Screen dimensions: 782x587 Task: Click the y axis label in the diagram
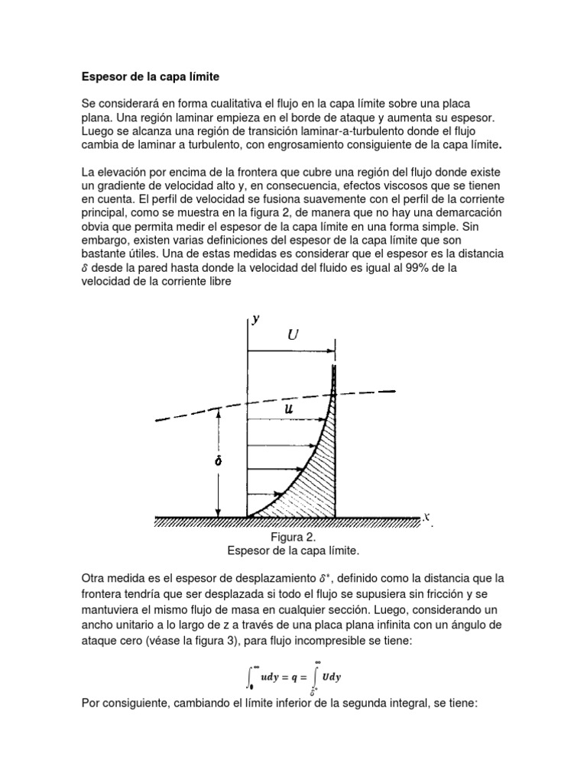pos(257,319)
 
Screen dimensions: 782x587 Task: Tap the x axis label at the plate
pos(426,517)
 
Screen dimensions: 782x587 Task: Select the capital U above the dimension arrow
pos(293,334)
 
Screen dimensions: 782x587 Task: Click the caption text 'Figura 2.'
pos(293,537)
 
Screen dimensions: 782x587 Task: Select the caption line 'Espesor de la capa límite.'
pos(293,550)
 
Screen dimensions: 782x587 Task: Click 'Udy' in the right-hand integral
pos(332,676)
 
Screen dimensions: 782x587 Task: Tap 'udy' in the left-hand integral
pos(268,676)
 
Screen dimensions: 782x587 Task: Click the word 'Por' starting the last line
pos(91,703)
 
